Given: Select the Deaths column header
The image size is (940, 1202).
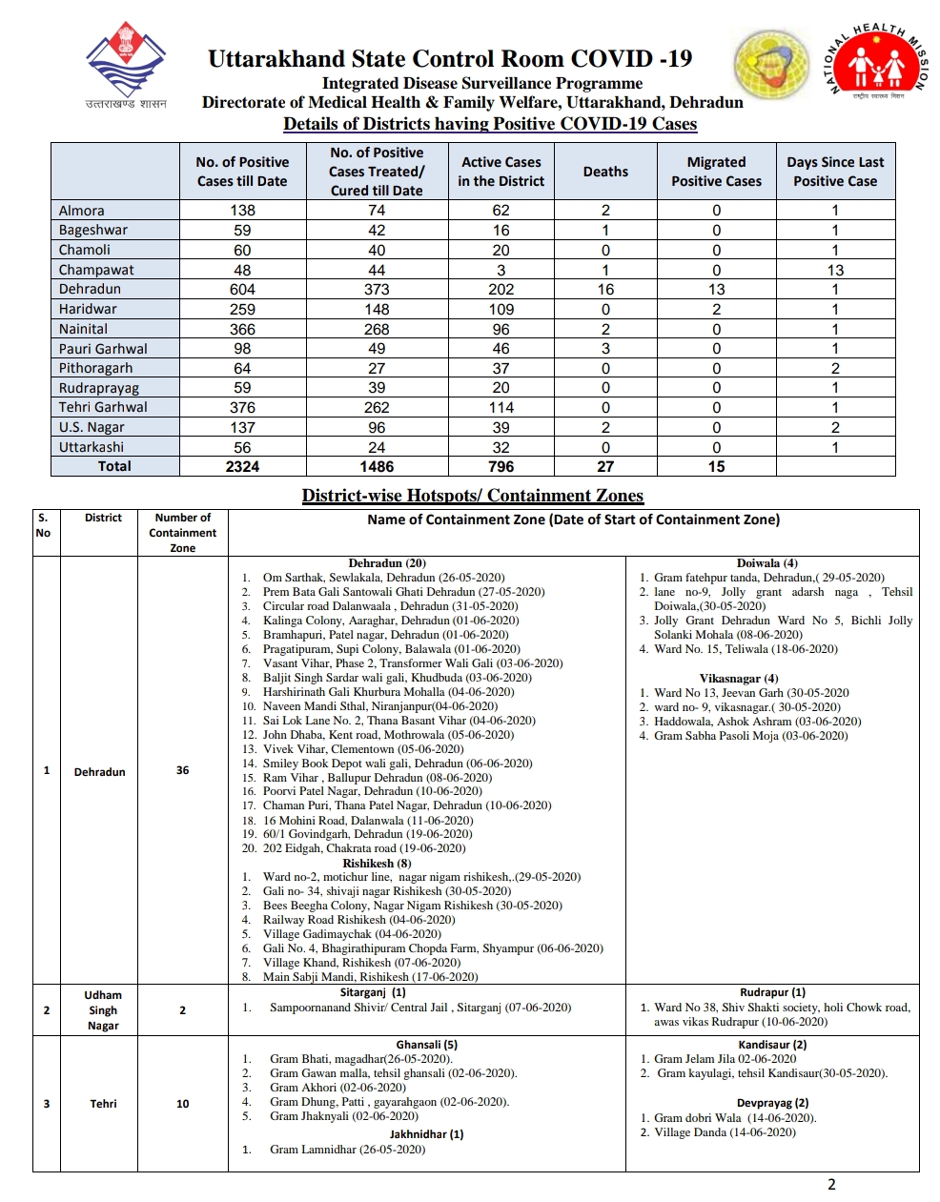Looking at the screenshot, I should pos(605,172).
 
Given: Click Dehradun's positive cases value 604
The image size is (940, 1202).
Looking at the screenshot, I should pos(242,289).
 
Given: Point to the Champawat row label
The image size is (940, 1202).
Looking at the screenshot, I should pos(96,270).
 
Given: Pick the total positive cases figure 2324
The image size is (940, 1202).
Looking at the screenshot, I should pos(242,466).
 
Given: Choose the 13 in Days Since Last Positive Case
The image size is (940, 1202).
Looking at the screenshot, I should pos(835,270).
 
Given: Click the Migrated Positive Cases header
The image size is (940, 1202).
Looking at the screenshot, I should pos(716,172).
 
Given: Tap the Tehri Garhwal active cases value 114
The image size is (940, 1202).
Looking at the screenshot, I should pos(501,407).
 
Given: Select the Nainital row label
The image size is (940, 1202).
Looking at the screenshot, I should pos(83,329).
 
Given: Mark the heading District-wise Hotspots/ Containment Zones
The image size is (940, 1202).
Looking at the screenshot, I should pos(472,496).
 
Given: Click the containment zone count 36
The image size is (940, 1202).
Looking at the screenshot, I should pos(182,770).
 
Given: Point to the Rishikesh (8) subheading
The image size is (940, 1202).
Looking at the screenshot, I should pos(377,863).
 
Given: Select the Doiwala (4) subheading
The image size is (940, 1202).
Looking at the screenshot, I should pos(767,563).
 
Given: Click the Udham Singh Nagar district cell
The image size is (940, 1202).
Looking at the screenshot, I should pos(103,1010).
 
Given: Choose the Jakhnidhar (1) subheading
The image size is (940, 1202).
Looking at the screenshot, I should pos(426,1134).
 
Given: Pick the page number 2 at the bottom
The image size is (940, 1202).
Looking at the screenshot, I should pos(831,1185).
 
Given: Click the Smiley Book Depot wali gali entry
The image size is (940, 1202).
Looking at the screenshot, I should pos(397,764).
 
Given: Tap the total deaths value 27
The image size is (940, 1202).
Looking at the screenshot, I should pos(605,466).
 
